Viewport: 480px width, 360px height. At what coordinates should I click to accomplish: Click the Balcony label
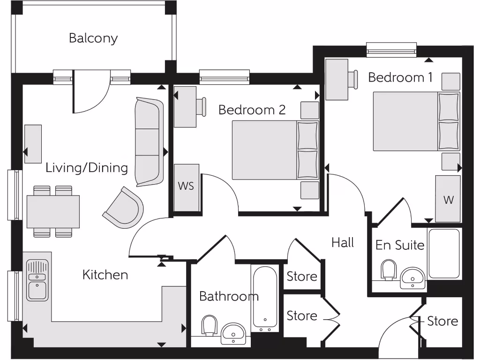point(93,38)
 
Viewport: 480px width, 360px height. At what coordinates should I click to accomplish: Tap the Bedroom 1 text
point(400,77)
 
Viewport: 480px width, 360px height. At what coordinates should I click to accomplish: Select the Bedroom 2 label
point(252,110)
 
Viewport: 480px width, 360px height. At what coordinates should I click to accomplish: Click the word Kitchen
point(105,275)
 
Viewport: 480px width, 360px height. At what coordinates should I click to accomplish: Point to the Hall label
point(343,242)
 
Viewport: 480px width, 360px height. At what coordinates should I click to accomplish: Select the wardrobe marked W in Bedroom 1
point(448,199)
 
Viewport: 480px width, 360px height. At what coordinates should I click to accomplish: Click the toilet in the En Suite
point(389,270)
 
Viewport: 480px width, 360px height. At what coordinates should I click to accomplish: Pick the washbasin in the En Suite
point(412,278)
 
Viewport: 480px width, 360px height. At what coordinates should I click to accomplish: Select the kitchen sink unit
point(37,280)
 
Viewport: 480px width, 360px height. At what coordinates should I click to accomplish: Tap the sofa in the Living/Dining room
point(148,142)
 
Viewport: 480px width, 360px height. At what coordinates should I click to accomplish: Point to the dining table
point(53,211)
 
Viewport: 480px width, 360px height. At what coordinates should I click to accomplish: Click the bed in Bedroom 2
point(275,150)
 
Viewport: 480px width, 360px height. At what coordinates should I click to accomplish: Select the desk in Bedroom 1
point(337,80)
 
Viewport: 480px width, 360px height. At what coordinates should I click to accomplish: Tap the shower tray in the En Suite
point(444,254)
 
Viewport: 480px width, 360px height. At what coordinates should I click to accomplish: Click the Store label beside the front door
point(442,321)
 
